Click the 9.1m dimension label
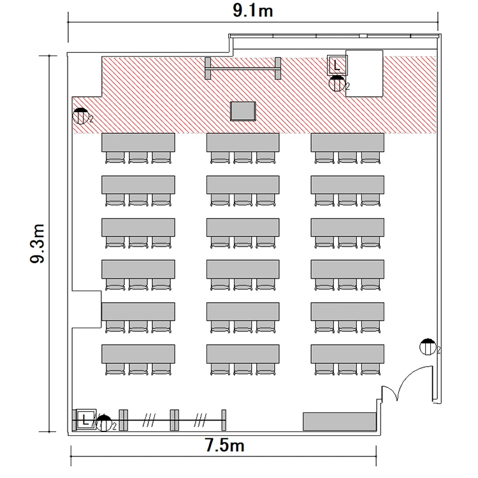(x=253, y=11)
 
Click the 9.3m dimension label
(x=38, y=243)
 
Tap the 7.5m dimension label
(x=224, y=445)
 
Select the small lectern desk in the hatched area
(x=243, y=111)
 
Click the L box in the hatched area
(x=337, y=65)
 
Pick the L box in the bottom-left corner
(x=85, y=420)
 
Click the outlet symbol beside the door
(x=428, y=347)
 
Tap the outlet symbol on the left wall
(x=80, y=116)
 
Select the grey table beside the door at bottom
(x=339, y=421)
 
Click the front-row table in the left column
(x=138, y=142)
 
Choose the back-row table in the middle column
(x=243, y=354)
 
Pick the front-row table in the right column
(x=347, y=142)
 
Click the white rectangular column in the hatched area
(x=364, y=73)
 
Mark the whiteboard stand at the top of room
(x=243, y=68)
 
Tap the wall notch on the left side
(x=87, y=309)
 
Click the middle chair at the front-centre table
(x=243, y=157)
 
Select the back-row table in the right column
(x=347, y=354)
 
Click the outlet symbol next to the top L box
(x=337, y=83)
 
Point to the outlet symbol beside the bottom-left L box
(x=104, y=423)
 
